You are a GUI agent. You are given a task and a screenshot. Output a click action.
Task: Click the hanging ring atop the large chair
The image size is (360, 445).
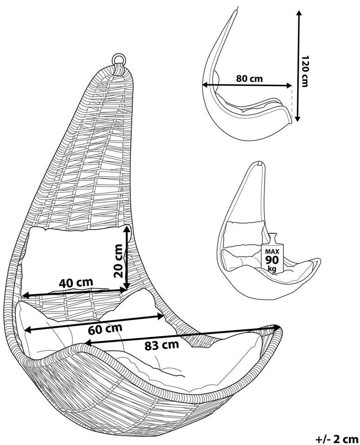coord(119,59)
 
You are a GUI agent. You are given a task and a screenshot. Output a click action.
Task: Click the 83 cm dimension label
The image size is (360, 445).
coord(162,344)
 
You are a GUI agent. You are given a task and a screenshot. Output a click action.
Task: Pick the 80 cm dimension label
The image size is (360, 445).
coord(249,78)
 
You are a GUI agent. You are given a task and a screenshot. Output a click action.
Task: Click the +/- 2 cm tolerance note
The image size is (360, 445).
coord(337,438)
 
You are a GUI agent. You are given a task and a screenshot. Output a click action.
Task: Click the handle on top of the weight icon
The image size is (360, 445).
coord(272,236)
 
